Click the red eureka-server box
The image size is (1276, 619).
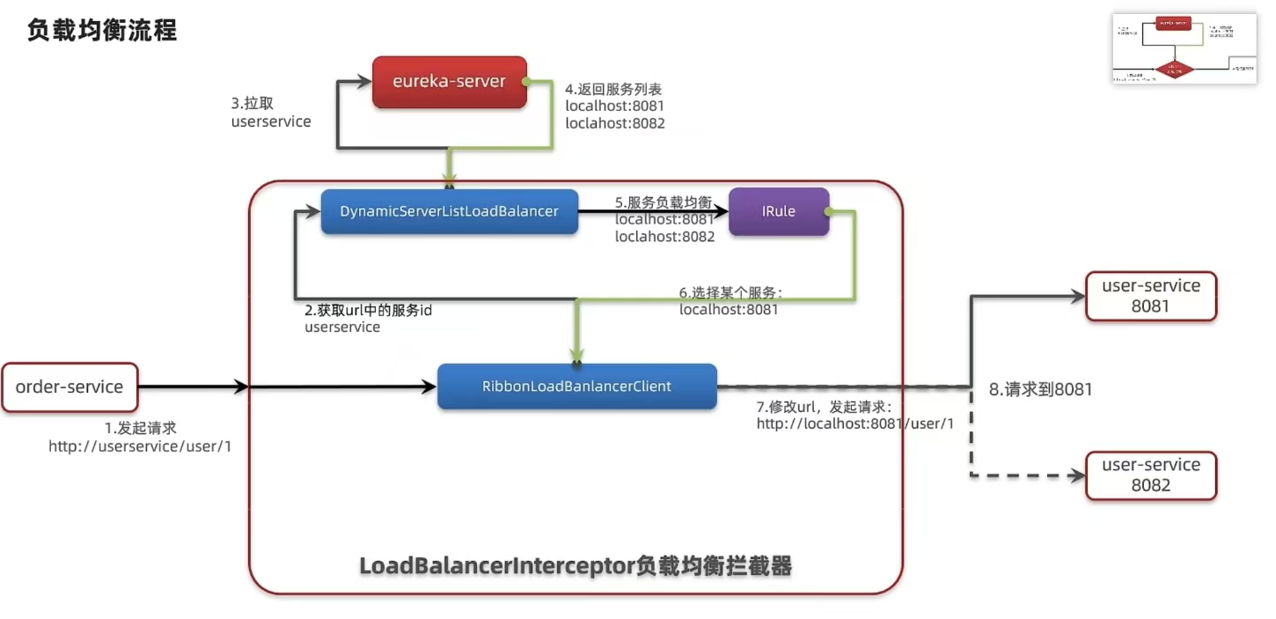pyautogui.click(x=449, y=82)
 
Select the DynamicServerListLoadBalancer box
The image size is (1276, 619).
pyautogui.click(x=449, y=211)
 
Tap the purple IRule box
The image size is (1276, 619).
pyautogui.click(x=778, y=211)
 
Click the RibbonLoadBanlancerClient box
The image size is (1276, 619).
pyautogui.click(x=576, y=387)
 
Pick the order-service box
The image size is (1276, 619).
pyautogui.click(x=70, y=387)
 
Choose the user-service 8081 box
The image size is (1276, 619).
pyautogui.click(x=1151, y=296)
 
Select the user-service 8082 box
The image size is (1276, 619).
pyautogui.click(x=1151, y=475)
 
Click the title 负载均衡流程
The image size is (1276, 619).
pyautogui.click(x=102, y=31)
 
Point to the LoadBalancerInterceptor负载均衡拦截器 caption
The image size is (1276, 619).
pyautogui.click(x=576, y=566)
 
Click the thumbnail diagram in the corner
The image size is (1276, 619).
pyautogui.click(x=1184, y=49)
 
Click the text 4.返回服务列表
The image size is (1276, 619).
pyautogui.click(x=613, y=89)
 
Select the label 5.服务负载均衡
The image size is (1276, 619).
pyautogui.click(x=664, y=203)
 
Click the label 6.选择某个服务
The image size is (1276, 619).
pyautogui.click(x=730, y=292)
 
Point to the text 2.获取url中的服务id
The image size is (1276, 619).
pyautogui.click(x=368, y=310)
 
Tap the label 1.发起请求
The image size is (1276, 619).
pyautogui.click(x=141, y=428)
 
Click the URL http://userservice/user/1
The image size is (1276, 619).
pyautogui.click(x=140, y=446)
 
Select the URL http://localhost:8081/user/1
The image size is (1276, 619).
pyautogui.click(x=855, y=424)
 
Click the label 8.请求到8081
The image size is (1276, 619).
pyautogui.click(x=1040, y=389)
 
